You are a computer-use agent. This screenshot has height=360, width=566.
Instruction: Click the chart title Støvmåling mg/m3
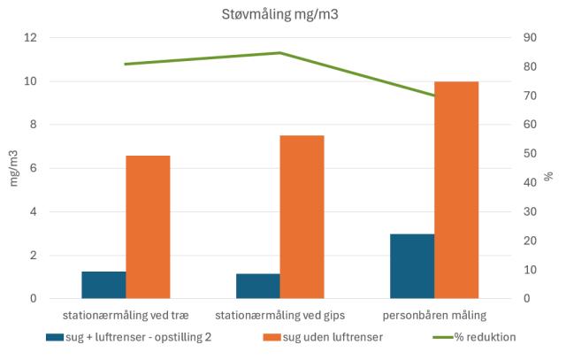(x=282, y=15)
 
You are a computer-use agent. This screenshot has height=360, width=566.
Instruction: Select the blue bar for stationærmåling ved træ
(x=103, y=285)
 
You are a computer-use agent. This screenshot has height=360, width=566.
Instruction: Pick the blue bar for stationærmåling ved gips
(x=258, y=286)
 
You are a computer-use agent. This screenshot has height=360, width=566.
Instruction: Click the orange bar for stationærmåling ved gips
(x=302, y=218)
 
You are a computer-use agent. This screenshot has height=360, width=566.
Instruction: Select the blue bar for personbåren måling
(x=412, y=266)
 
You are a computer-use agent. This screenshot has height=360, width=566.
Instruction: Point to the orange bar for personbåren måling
(x=456, y=190)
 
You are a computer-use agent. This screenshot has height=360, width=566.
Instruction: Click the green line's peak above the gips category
(x=280, y=53)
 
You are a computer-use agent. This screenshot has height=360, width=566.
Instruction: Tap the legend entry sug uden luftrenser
(x=327, y=337)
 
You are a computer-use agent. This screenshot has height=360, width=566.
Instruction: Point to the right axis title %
(x=548, y=176)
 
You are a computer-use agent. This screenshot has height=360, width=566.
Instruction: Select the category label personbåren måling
(x=434, y=315)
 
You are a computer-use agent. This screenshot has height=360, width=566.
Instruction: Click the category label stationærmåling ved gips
(x=280, y=315)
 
